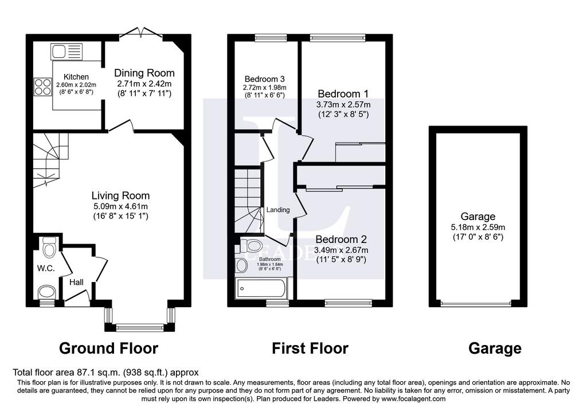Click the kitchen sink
click(x=66, y=51)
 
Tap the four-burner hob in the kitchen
click(x=42, y=87)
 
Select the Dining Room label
click(x=144, y=73)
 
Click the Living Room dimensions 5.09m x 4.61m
click(x=120, y=206)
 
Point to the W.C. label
click(x=46, y=268)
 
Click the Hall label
click(x=76, y=282)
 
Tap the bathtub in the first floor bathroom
click(x=261, y=288)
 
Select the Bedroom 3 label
click(x=264, y=79)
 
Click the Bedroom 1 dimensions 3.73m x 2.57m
click(x=343, y=104)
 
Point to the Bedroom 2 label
click(x=341, y=239)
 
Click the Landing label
click(x=278, y=210)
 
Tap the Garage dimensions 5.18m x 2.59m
click(x=478, y=227)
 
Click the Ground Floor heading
click(x=108, y=348)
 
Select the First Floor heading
click(x=310, y=348)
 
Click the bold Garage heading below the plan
click(x=495, y=349)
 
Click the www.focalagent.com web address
click(x=413, y=398)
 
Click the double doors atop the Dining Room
click(x=143, y=32)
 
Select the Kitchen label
click(x=76, y=77)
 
